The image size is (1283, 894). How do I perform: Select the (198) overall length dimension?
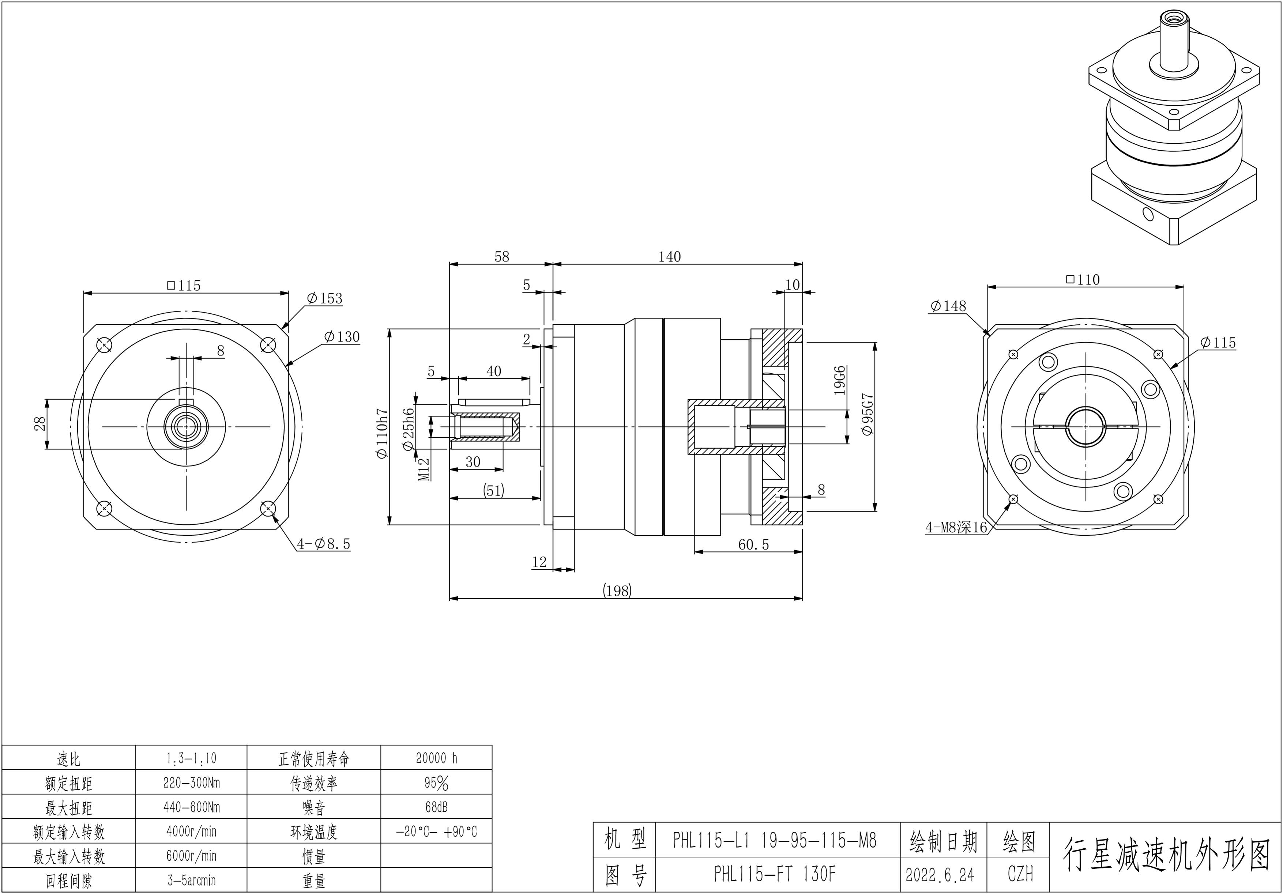(x=617, y=591)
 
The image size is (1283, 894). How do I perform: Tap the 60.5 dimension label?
(x=753, y=544)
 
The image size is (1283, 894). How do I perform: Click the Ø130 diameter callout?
(x=342, y=337)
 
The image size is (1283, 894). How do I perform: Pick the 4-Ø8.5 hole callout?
(x=324, y=544)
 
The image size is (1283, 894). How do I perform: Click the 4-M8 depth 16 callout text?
(x=956, y=527)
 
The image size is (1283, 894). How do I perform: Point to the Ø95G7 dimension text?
(x=867, y=414)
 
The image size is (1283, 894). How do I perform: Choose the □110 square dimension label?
(x=1083, y=279)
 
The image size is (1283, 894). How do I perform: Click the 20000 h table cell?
(x=436, y=758)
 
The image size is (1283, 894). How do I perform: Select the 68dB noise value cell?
(x=436, y=807)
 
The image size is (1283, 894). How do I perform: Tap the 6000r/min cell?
(x=191, y=856)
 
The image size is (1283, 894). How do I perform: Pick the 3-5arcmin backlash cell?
(x=191, y=880)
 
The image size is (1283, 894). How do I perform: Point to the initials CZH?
(x=1020, y=874)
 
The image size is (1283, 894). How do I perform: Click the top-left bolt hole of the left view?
(x=104, y=345)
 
